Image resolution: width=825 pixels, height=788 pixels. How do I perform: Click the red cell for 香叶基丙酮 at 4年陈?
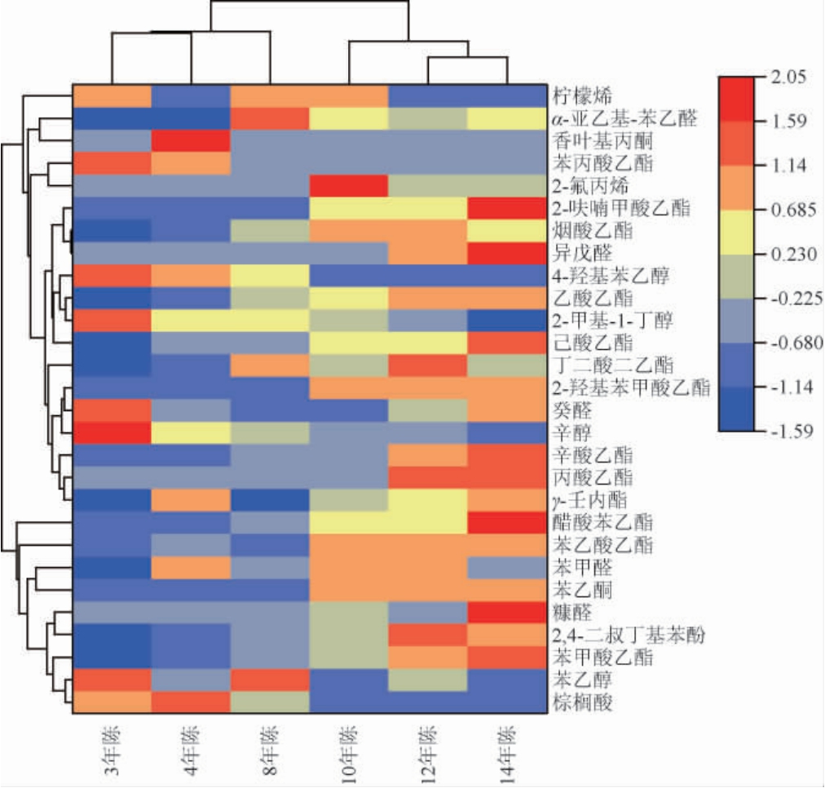click(191, 140)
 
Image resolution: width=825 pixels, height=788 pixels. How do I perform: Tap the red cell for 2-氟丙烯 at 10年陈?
click(348, 185)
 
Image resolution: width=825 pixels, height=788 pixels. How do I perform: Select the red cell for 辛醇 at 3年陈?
click(112, 432)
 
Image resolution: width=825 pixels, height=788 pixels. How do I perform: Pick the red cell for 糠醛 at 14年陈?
click(506, 612)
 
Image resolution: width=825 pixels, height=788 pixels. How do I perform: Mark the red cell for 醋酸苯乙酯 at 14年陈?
click(506, 522)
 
